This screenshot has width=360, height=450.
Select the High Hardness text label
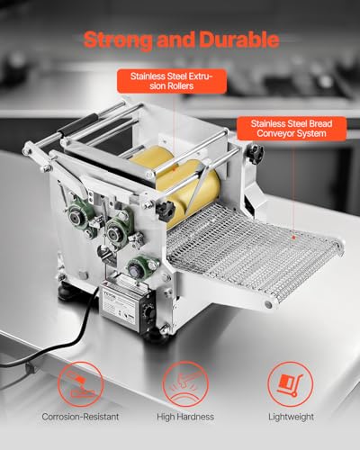[180, 417]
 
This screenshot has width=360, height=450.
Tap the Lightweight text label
[285, 417]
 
